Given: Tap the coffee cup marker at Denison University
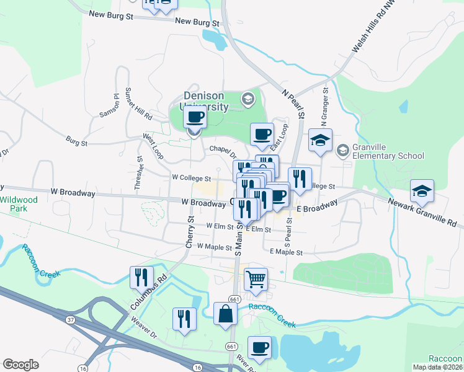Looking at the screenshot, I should (x=195, y=118).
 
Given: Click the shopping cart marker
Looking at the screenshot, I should (x=256, y=279).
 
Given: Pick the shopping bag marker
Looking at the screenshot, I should (x=225, y=314).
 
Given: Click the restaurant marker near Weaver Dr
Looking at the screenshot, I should (x=184, y=319).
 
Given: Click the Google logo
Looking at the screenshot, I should (x=21, y=365).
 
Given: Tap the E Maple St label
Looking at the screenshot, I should (x=287, y=252).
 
